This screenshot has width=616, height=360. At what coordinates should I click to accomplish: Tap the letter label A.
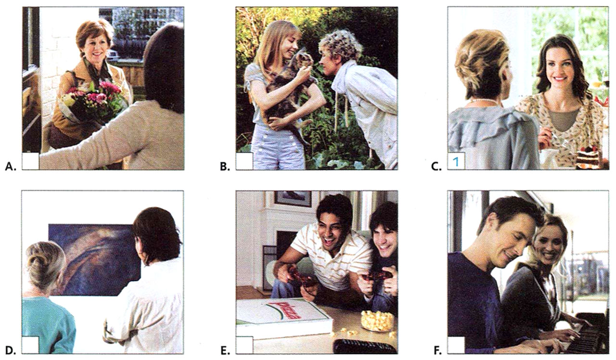(x=9, y=167)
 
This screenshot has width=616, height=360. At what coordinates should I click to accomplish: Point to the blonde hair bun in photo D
(x=44, y=260)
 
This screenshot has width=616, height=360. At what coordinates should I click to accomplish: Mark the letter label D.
(x=9, y=350)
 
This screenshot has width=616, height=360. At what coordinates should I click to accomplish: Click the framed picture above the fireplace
(x=293, y=198)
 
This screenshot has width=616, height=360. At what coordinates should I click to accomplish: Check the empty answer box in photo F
(x=456, y=345)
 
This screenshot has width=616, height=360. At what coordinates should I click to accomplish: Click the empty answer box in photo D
(x=31, y=345)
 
